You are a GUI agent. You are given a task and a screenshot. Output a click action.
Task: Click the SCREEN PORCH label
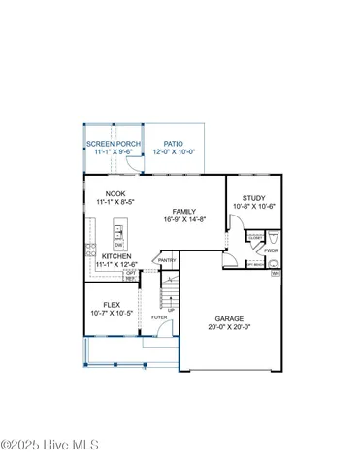(x=113, y=144)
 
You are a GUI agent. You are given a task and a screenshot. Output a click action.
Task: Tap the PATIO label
(x=173, y=144)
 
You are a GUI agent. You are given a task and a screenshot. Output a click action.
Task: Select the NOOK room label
(x=115, y=194)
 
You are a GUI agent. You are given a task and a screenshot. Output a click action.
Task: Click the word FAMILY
(x=184, y=212)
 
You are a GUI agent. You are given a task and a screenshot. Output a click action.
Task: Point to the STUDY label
(x=254, y=198)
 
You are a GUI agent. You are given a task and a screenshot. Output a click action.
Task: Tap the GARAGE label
(x=229, y=317)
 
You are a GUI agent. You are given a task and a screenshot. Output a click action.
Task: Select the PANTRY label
(x=167, y=260)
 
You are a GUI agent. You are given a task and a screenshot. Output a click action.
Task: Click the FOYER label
(x=158, y=317)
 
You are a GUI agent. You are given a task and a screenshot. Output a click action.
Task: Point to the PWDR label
(x=271, y=250)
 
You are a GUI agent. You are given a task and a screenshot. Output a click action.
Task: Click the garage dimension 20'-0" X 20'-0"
(x=229, y=327)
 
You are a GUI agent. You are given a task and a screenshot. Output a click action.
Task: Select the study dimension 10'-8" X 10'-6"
(x=254, y=207)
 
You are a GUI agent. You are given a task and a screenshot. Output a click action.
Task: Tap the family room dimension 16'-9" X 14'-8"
(x=184, y=220)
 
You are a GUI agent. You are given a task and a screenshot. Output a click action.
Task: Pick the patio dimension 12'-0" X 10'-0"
(x=174, y=152)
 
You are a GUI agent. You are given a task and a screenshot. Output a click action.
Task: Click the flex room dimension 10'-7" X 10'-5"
(x=112, y=313)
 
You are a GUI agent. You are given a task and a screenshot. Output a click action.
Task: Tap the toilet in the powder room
(x=273, y=238)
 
